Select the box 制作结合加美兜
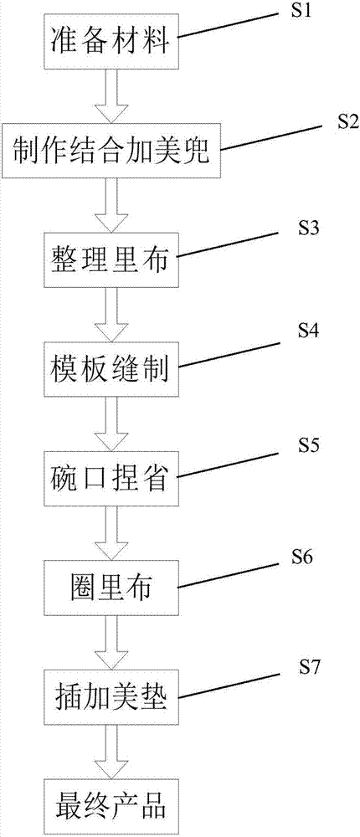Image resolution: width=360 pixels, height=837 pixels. (111, 151)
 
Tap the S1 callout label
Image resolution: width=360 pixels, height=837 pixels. (300, 11)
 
